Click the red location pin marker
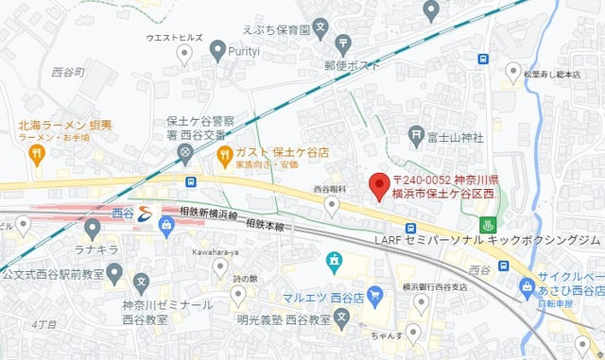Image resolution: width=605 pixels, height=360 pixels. tap(378, 186)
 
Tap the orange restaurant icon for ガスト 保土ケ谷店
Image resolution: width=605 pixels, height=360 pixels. tap(224, 153)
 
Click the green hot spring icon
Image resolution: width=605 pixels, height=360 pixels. tap(489, 226)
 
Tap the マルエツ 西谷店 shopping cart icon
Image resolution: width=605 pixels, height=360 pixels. tap(373, 294)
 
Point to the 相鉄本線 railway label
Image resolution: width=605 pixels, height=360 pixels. tap(267, 224)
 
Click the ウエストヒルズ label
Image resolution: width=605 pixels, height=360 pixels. tap(175, 38)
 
